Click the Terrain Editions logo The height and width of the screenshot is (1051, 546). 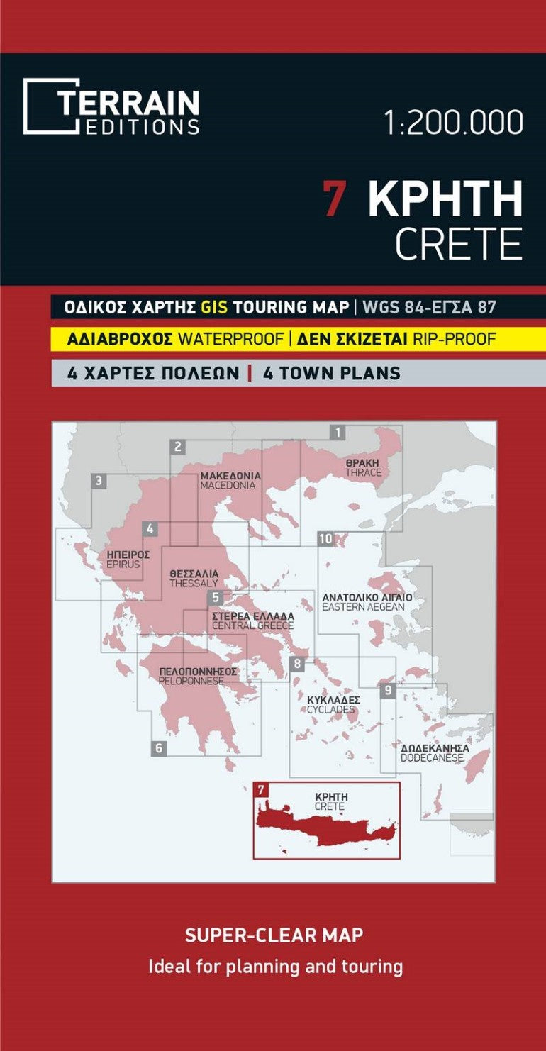(111, 106)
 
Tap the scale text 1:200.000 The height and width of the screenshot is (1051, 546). (453, 123)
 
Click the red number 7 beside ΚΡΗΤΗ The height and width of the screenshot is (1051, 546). (334, 199)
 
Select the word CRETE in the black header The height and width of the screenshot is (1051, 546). (458, 245)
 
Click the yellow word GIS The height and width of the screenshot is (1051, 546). (215, 307)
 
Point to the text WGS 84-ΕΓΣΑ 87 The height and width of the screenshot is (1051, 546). (428, 307)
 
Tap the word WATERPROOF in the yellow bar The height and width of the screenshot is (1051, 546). (230, 339)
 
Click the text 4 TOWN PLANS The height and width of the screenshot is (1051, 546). (331, 373)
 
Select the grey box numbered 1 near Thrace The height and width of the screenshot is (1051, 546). (339, 432)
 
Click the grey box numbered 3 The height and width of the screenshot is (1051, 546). (99, 481)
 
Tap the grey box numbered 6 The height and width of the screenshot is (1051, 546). (159, 747)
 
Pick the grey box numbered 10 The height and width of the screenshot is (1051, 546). (325, 539)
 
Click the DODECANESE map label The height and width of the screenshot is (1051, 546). (432, 758)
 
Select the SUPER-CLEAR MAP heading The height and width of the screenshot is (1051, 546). (274, 935)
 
